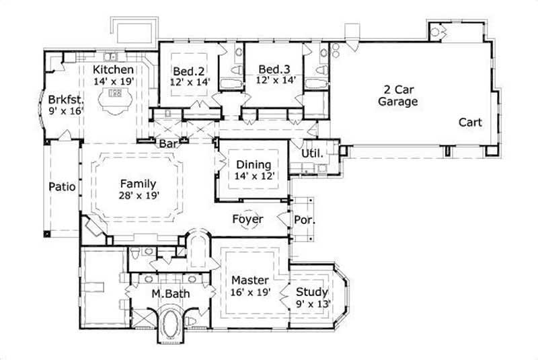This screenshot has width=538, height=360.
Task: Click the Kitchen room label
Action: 114,69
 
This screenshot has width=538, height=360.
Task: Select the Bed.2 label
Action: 189,71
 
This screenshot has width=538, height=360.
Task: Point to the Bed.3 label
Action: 274,69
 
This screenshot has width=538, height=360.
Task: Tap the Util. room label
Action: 312,153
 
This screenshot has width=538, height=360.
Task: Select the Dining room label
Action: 253,164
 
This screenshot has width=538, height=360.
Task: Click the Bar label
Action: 167,143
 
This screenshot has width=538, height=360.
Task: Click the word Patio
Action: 61,186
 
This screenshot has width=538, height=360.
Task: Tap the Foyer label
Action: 247,219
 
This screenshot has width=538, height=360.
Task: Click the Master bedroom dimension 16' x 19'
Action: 250,293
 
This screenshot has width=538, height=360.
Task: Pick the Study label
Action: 312,292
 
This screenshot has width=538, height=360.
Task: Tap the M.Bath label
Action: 165,293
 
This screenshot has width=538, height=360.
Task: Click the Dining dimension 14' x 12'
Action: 253,176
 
